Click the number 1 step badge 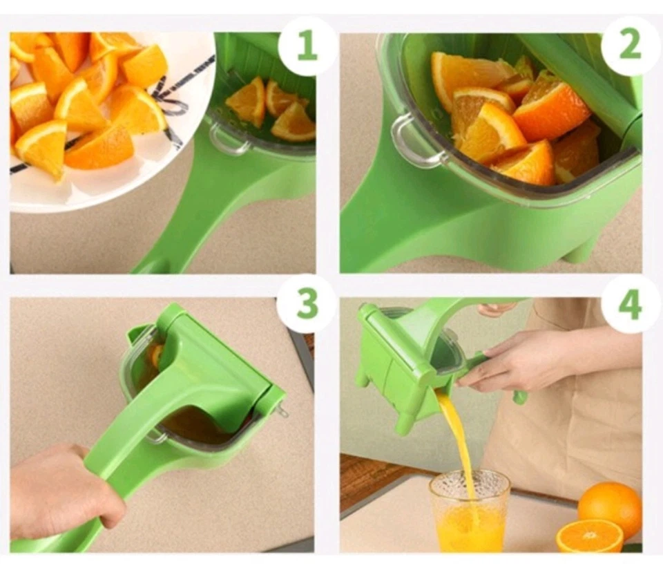307,46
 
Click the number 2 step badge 630,46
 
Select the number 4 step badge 630,304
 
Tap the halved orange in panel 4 589,536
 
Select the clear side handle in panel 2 412,140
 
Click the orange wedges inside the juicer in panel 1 273,107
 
